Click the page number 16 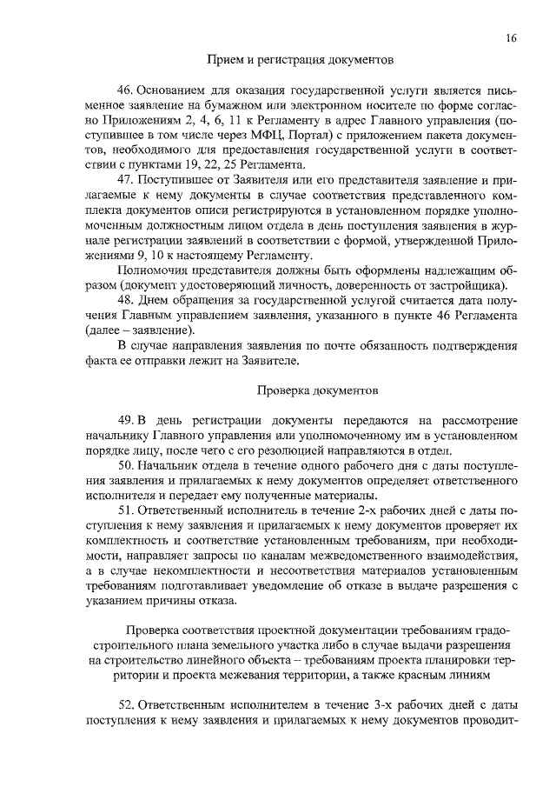(511, 38)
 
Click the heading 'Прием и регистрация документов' (300, 60)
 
